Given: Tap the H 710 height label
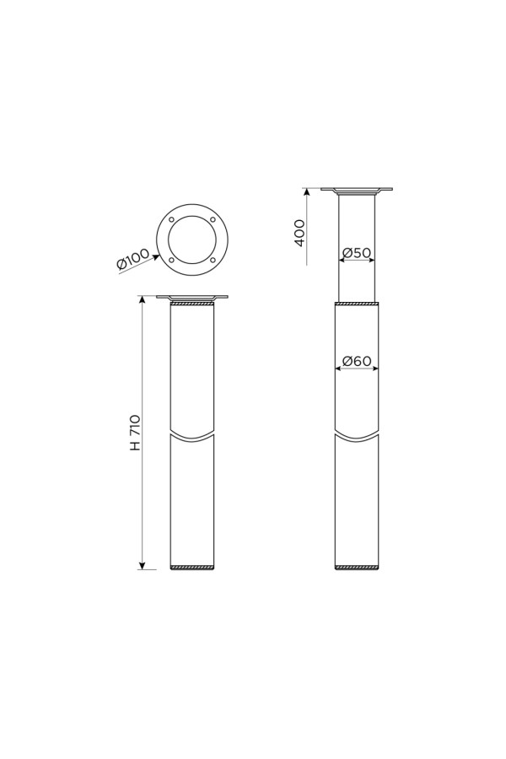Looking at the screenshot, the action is (136, 433).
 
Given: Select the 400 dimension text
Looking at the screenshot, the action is (299, 233).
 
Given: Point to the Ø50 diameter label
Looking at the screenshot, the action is (357, 253).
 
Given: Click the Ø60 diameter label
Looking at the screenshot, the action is (357, 361).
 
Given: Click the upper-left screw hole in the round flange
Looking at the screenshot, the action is (171, 220).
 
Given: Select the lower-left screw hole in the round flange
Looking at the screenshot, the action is (171, 261).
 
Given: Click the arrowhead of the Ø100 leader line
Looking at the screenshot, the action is (156, 257).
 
